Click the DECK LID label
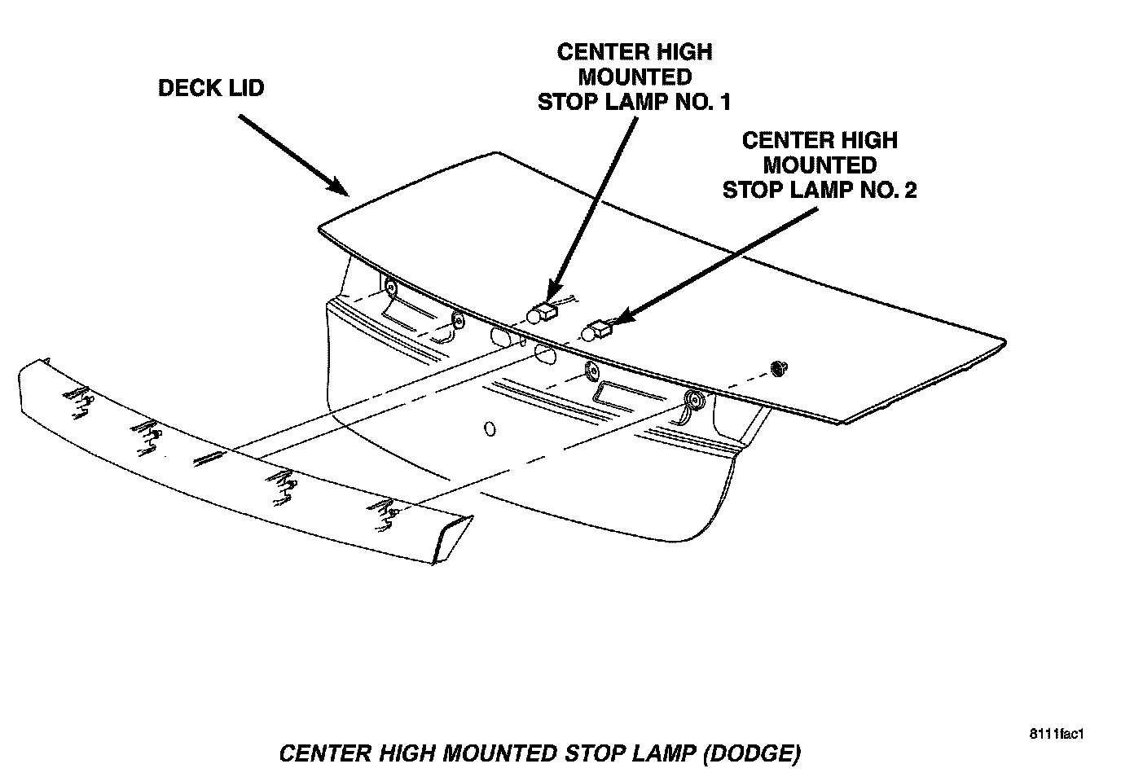coord(211,88)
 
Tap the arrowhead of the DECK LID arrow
coord(341,188)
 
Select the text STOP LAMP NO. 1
coord(634,102)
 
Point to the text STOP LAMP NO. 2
coord(820,190)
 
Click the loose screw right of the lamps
coord(777,370)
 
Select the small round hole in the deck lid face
coord(490,428)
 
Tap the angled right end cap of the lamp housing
coord(452,539)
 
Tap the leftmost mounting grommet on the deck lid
coord(390,287)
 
